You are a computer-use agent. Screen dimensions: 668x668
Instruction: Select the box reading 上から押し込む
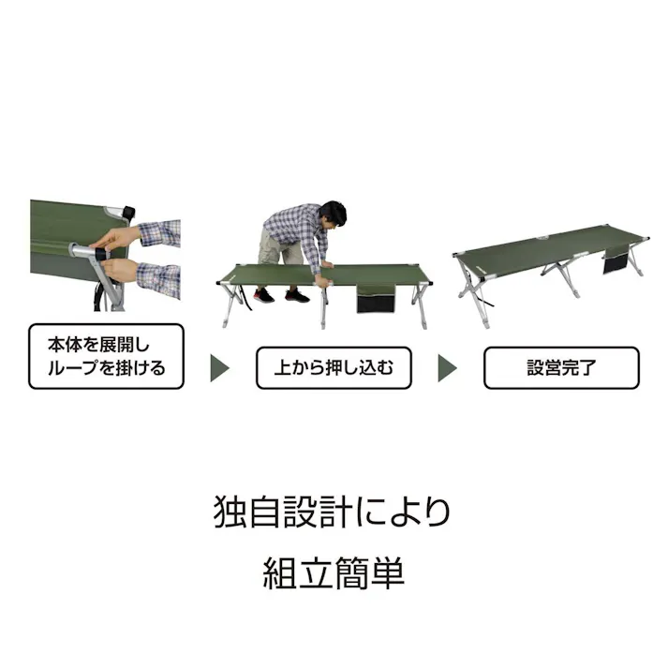(x=334, y=368)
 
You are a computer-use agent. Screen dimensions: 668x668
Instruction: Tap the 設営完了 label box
(x=560, y=368)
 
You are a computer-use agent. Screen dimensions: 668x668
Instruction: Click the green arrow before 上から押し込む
(x=220, y=367)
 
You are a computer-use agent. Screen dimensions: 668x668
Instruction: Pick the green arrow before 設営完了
(x=449, y=367)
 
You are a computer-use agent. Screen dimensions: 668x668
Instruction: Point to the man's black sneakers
(x=279, y=296)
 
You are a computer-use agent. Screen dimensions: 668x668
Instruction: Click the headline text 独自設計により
(x=333, y=512)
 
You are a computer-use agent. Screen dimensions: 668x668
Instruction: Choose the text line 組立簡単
(x=333, y=572)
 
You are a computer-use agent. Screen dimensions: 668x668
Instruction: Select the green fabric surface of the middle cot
(x=281, y=275)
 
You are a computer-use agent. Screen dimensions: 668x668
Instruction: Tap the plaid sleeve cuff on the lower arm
(x=157, y=278)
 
